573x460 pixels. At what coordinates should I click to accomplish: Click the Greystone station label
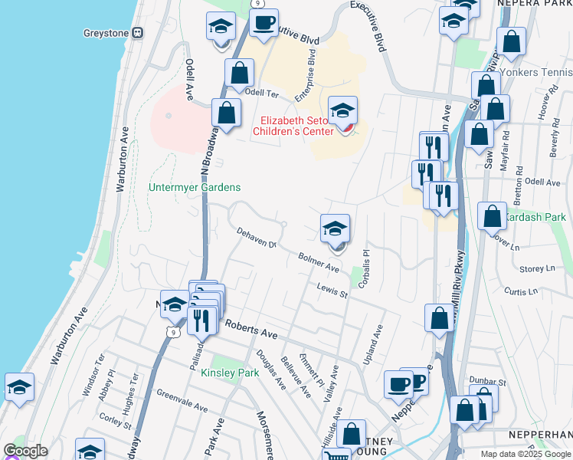point(108,33)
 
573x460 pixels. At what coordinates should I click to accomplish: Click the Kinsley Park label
point(220,373)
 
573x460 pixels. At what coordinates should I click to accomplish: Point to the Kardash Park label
point(533,217)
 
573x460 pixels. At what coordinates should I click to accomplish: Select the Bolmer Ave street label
point(318,263)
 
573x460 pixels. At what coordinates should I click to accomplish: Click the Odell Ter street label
point(265,94)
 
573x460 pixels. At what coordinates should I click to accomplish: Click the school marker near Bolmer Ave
point(335,229)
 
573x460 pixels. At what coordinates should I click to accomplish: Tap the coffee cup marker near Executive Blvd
point(263,24)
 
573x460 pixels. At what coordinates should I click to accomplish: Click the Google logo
point(25,452)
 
